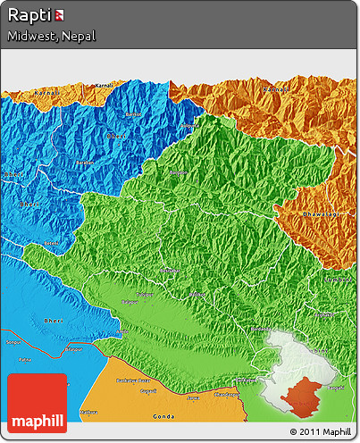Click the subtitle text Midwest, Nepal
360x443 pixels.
[51, 37]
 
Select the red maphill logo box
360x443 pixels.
[37, 404]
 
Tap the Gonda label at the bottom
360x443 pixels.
[163, 417]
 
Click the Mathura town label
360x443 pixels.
[89, 412]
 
